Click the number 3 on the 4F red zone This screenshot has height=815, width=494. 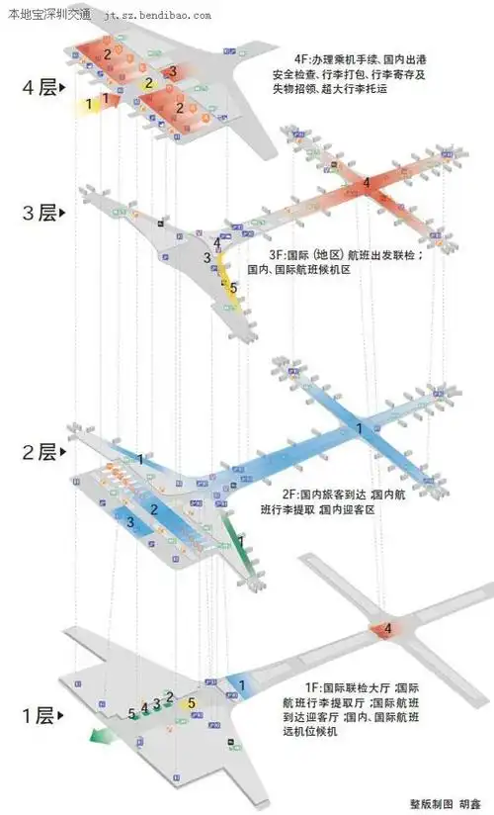tap(172, 71)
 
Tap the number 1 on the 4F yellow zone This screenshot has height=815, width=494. tap(89, 102)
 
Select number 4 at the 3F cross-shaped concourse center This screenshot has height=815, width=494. tap(366, 183)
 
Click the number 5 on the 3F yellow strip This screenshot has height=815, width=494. tap(233, 288)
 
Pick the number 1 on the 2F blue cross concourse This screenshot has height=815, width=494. tap(359, 428)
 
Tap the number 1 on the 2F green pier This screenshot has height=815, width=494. tap(240, 542)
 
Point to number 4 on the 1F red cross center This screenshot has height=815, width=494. tap(387, 628)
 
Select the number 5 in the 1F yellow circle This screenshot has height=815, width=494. tap(192, 703)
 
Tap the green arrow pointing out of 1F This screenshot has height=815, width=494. tap(99, 735)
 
